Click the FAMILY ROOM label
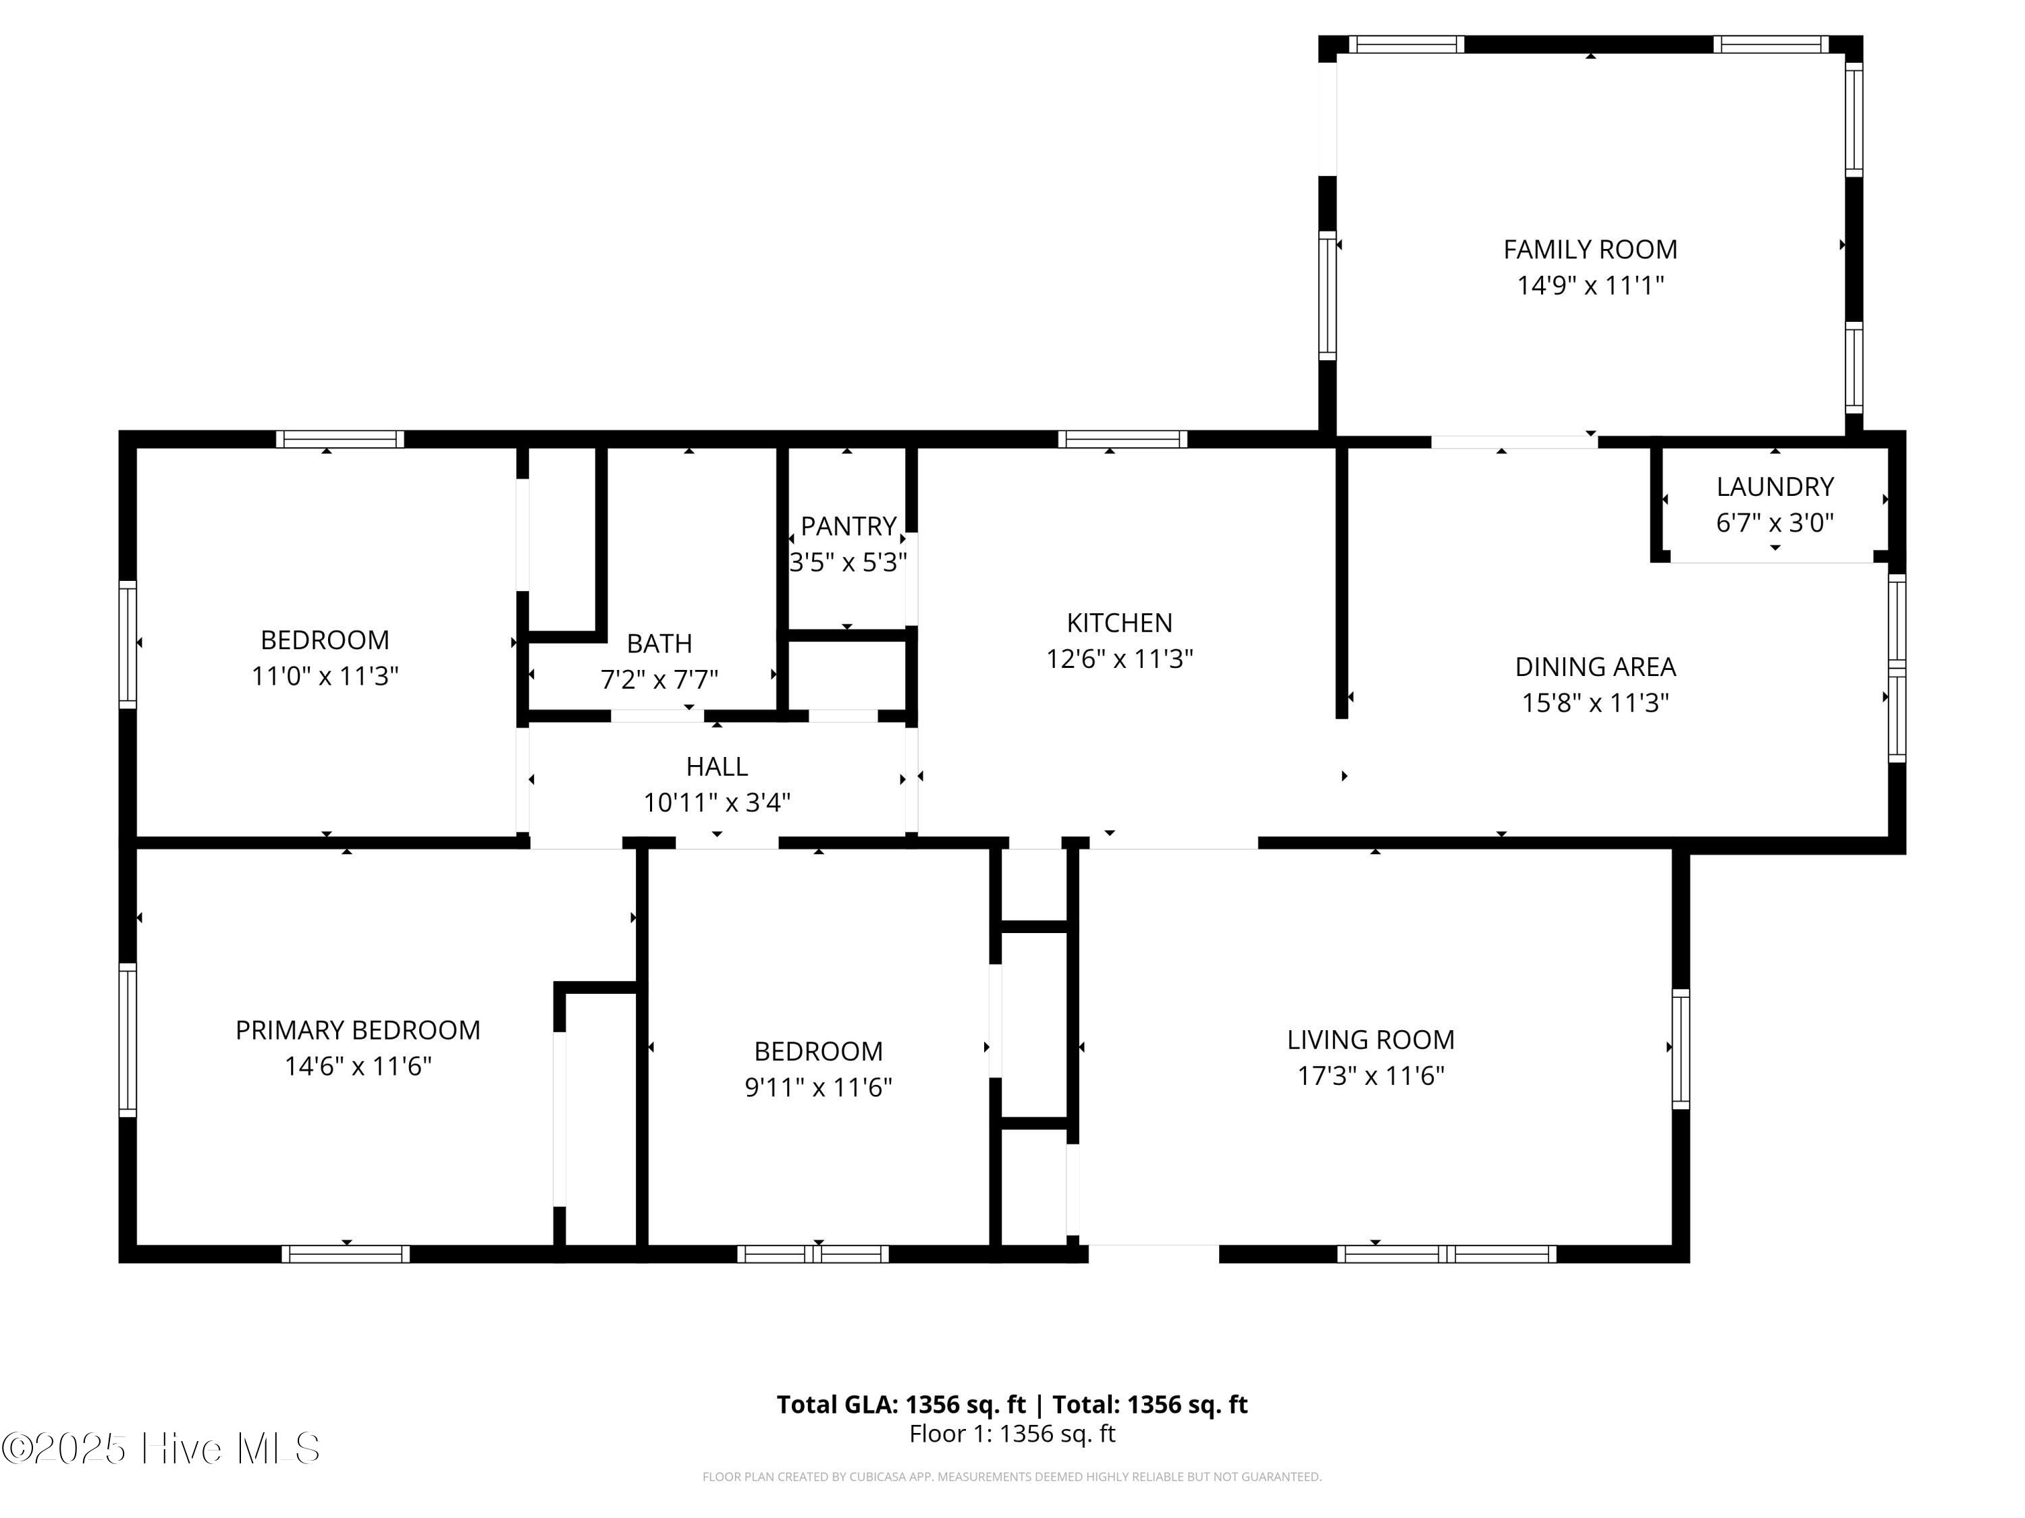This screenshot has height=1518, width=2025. coord(1590,249)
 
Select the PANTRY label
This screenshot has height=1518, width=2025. coord(848,526)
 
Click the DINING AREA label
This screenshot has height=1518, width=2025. coord(1596,667)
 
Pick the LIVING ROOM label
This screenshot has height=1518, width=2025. coord(1370,1040)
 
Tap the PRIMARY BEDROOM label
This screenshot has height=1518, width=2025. coord(358,1030)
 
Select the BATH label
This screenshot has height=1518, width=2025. coord(659,644)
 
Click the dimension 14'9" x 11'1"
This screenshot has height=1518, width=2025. coord(1590,285)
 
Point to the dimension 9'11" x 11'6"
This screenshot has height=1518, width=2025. coord(818,1087)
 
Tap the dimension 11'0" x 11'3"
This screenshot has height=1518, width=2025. coord(325,676)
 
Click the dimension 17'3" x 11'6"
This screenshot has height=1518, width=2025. coord(1370,1075)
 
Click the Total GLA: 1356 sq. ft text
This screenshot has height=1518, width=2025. coord(902,1405)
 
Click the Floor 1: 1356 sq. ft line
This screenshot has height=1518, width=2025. coord(1013,1434)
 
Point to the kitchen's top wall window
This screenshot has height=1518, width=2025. coord(1123,439)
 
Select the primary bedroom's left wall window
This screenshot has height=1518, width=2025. coord(128,1040)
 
